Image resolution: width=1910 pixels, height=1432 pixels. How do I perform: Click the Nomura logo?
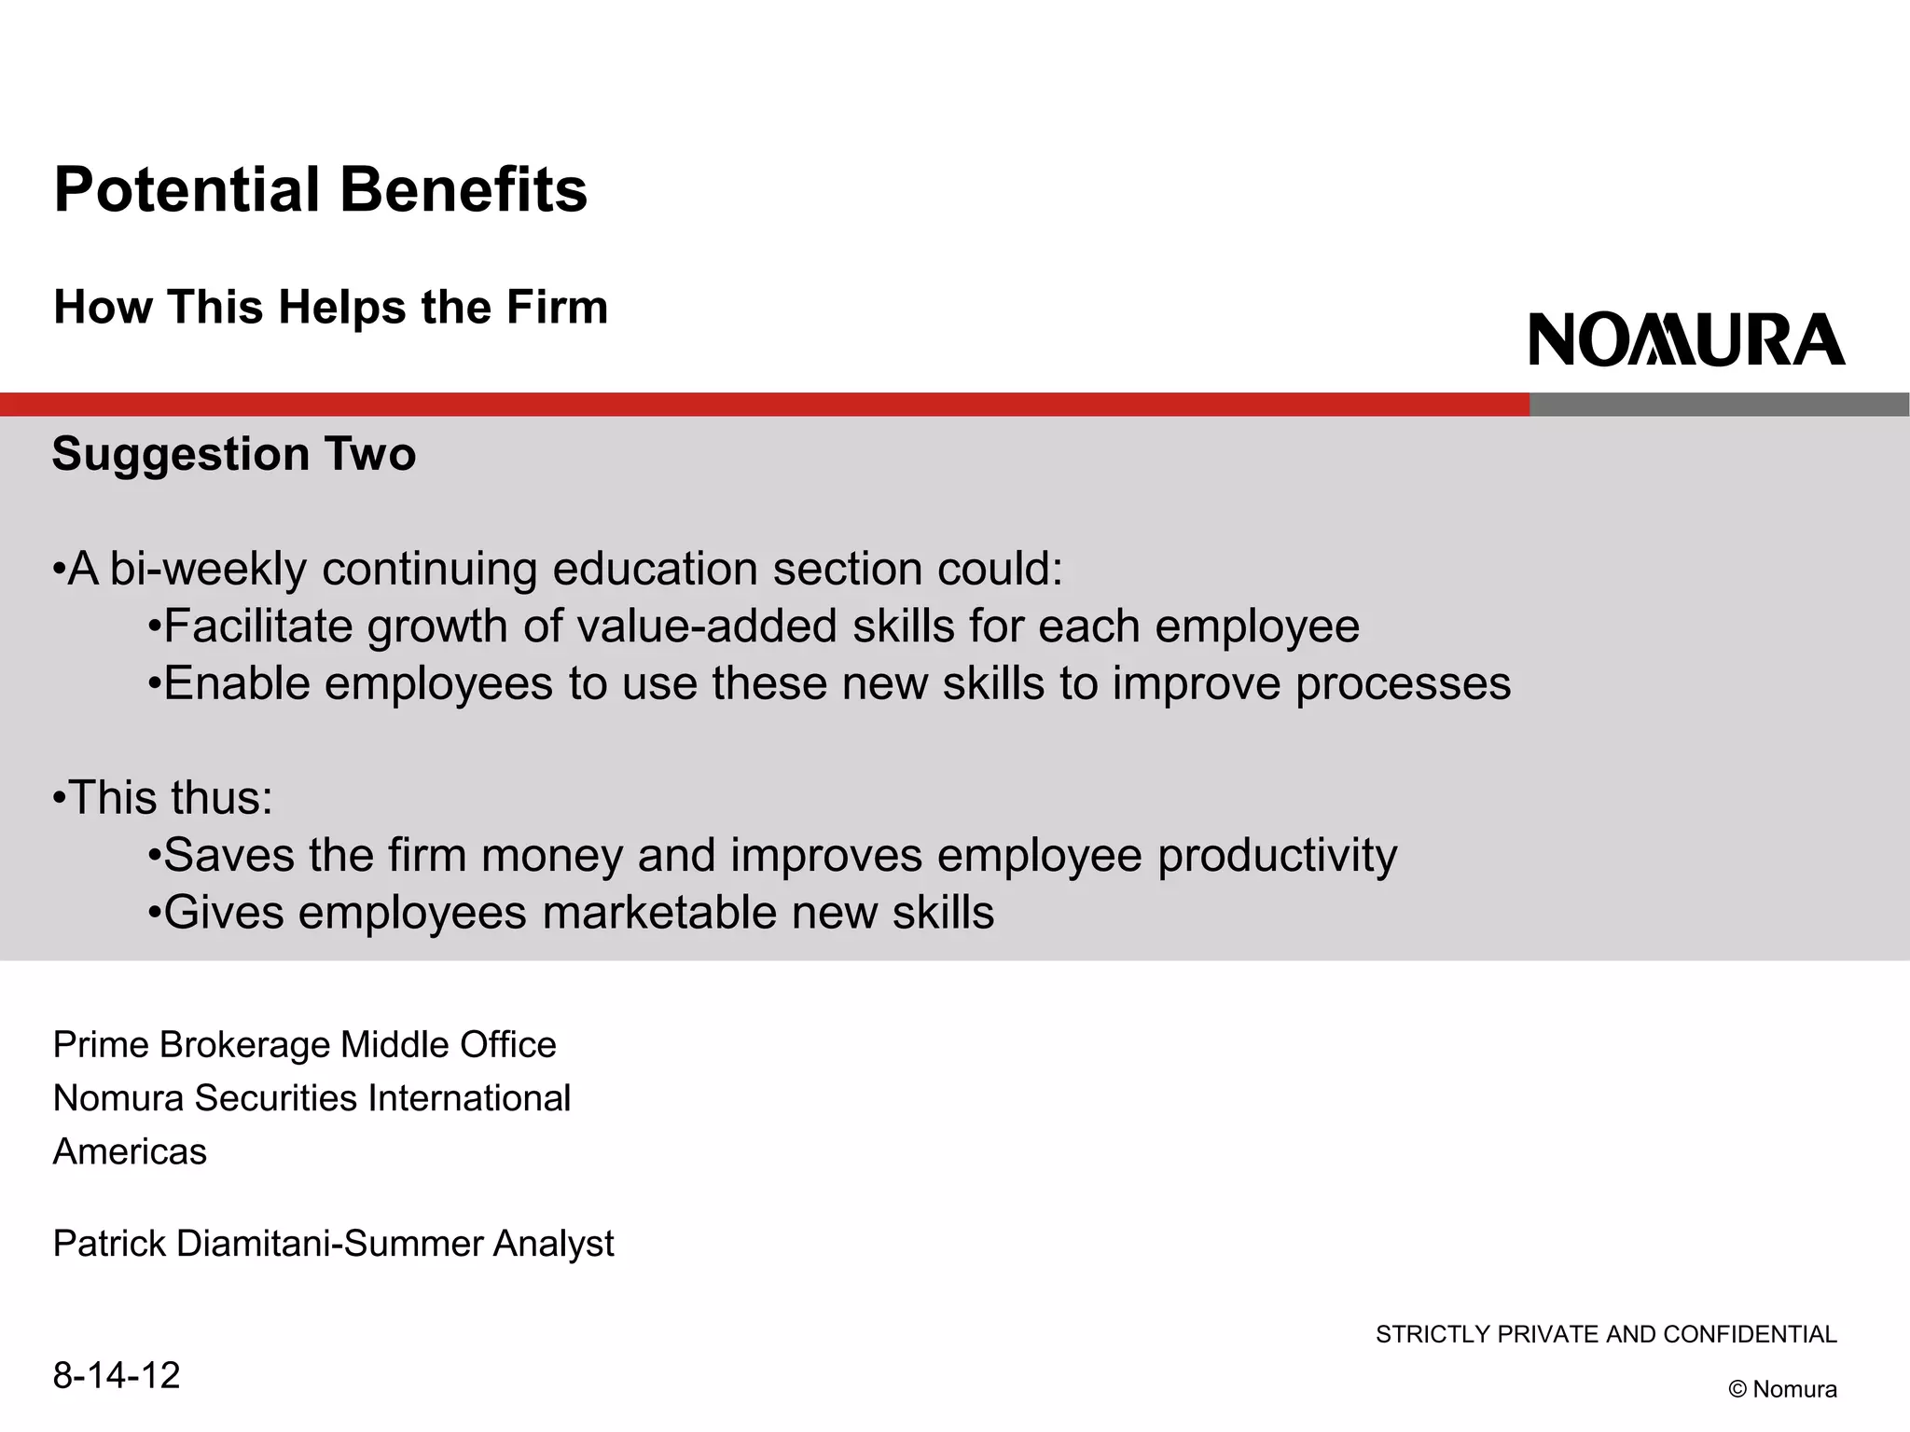1686,339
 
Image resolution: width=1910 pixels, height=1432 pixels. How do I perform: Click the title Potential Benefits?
321,190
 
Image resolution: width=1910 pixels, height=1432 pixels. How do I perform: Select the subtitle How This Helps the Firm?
331,307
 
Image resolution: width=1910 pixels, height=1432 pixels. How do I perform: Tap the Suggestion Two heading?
234,454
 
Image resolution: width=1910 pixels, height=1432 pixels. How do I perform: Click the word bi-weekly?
208,570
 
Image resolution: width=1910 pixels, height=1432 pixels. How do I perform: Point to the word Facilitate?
258,626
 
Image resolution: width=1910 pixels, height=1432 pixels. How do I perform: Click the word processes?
1403,684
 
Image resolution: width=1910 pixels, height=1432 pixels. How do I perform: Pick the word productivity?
1277,856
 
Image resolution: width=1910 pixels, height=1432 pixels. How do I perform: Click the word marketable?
658,913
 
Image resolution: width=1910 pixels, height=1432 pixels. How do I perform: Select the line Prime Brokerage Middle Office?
305,1045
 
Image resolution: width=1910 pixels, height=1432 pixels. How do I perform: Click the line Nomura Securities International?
312,1098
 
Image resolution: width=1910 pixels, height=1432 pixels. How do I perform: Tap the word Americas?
131,1152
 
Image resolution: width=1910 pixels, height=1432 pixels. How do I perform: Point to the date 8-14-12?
117,1376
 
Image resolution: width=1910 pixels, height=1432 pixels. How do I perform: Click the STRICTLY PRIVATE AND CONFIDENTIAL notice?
1606,1335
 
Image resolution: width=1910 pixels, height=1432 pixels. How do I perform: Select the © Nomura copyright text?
1782,1389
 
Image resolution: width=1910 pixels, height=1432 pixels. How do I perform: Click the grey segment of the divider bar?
1719,405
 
